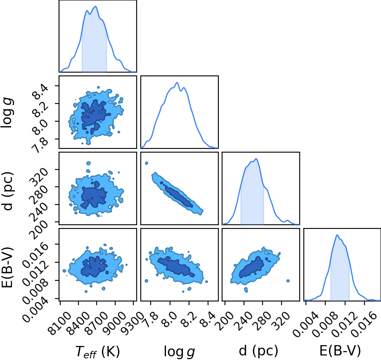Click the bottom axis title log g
[179, 351]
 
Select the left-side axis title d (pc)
[7, 191]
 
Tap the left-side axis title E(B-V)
[7, 267]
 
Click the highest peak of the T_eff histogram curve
[96, 6]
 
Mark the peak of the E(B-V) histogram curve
[337, 235]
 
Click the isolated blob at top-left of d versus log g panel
[147, 163]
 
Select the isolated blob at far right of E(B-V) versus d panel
[288, 281]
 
